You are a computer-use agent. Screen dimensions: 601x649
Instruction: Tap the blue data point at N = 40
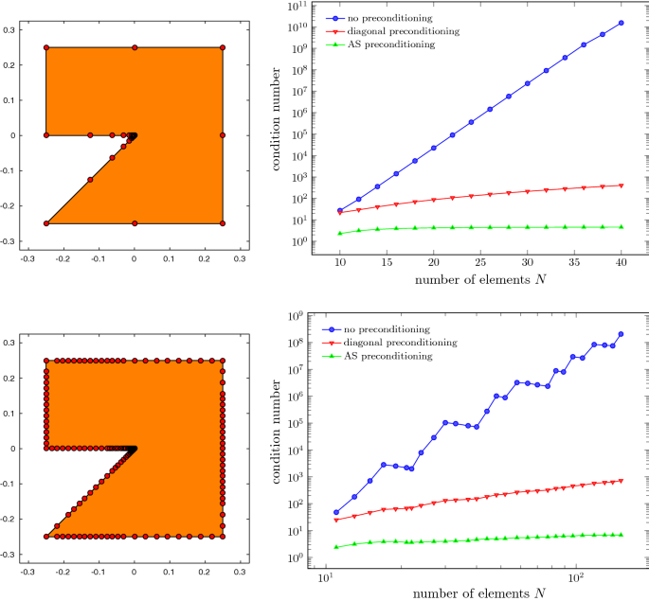click(x=621, y=23)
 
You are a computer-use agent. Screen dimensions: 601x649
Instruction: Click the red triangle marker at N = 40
click(x=621, y=186)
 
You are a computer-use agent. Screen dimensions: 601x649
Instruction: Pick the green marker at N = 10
click(x=340, y=233)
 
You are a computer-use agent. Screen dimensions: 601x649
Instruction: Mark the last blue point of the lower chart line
click(x=621, y=334)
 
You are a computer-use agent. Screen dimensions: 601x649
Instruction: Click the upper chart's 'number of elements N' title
click(x=480, y=281)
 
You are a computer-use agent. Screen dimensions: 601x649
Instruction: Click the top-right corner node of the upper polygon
click(x=223, y=47)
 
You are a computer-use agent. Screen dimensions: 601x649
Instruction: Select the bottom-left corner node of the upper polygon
click(x=46, y=223)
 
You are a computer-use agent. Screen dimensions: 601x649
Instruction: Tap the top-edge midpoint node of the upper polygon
click(x=135, y=47)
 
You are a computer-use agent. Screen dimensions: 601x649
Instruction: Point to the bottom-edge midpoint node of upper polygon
click(x=135, y=223)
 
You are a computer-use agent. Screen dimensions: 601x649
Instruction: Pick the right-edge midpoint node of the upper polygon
click(x=223, y=135)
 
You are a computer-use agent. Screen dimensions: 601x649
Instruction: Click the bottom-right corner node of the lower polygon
click(x=223, y=537)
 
